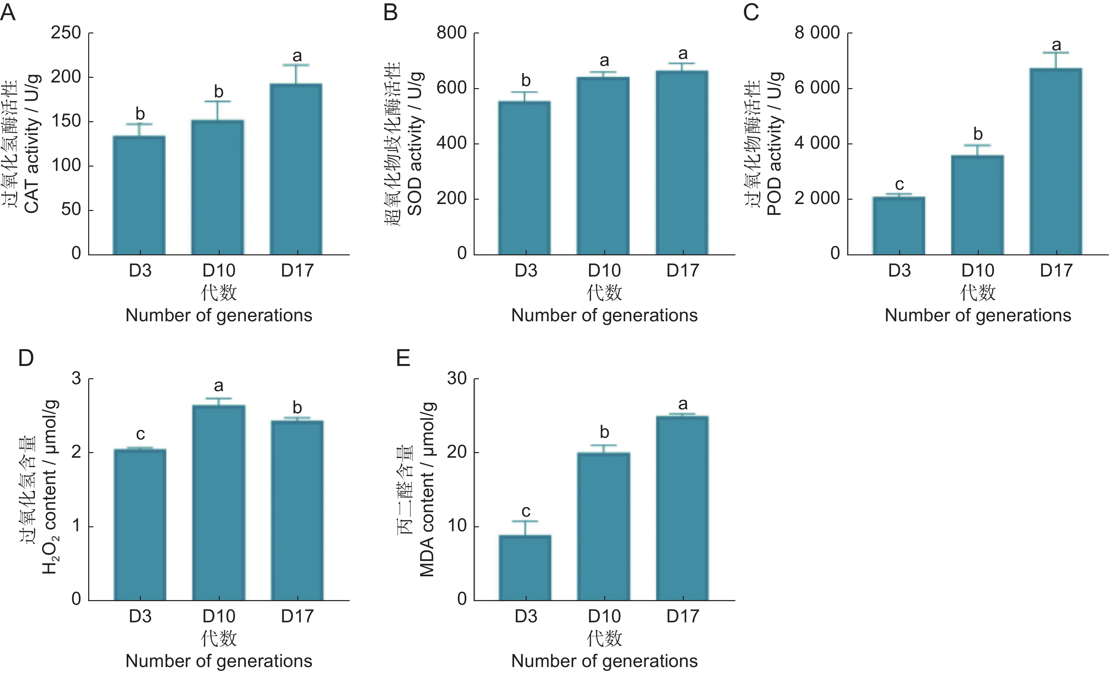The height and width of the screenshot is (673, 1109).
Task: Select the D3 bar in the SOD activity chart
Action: tap(525, 178)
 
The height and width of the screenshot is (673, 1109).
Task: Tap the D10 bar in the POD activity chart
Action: tap(977, 205)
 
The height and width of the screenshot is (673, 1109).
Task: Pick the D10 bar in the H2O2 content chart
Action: tap(219, 503)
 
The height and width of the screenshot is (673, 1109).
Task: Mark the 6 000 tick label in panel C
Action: tap(817, 88)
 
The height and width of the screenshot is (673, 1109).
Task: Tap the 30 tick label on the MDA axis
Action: tap(456, 379)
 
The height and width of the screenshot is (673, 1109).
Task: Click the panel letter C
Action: tap(751, 13)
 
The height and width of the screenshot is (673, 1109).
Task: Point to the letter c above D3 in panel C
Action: tap(899, 184)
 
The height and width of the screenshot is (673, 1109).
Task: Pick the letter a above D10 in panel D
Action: tap(219, 386)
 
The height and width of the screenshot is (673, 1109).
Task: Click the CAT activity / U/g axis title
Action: tap(31, 144)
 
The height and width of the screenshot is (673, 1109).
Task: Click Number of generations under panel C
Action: tap(977, 315)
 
